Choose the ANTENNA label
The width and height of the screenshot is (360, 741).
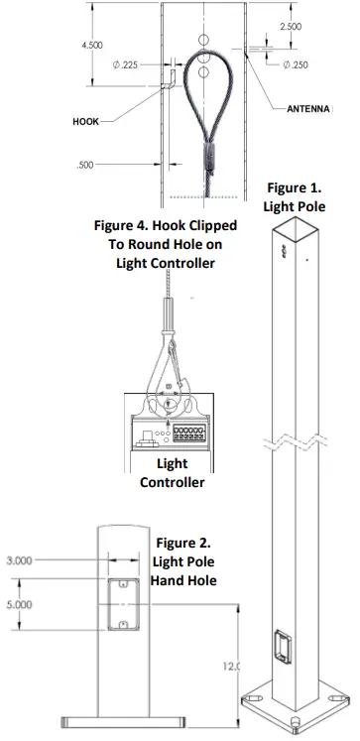(307, 108)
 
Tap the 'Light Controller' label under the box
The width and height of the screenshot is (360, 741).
(173, 473)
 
